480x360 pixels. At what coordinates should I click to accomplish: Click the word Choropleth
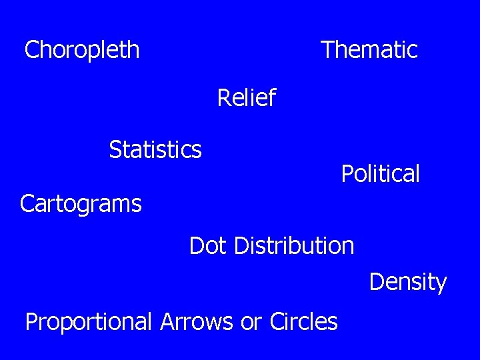(82, 50)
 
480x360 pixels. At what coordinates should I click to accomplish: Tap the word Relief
(246, 99)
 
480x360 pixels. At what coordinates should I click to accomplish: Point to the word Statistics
(155, 149)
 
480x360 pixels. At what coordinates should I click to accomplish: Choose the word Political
(380, 174)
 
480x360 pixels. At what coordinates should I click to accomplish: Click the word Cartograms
(81, 203)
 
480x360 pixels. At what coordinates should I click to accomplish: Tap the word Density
(407, 282)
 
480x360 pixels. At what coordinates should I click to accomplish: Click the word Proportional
(89, 322)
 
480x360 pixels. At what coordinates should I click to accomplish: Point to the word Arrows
(198, 322)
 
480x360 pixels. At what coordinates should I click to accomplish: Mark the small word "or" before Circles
(251, 323)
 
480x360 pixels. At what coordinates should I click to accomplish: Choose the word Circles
(303, 322)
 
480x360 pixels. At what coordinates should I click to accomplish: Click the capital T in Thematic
(327, 50)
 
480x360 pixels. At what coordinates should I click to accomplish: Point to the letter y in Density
(441, 284)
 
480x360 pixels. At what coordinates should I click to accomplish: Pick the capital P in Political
(347, 174)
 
